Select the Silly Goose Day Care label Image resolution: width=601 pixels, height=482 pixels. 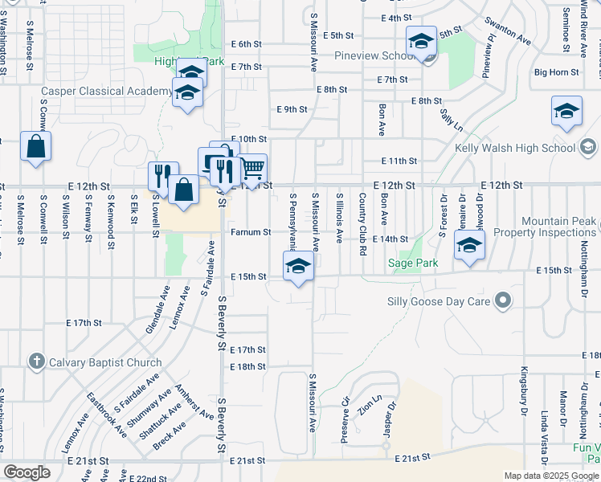pyautogui.click(x=445, y=301)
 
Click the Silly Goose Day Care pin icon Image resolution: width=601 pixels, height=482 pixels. pyautogui.click(x=504, y=301)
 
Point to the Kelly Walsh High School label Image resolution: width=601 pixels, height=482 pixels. pyautogui.click(x=515, y=148)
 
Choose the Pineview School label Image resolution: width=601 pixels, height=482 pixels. pyautogui.click(x=374, y=56)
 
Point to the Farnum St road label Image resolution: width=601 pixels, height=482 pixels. pyautogui.click(x=250, y=232)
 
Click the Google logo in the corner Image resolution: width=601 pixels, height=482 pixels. pyautogui.click(x=27, y=473)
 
